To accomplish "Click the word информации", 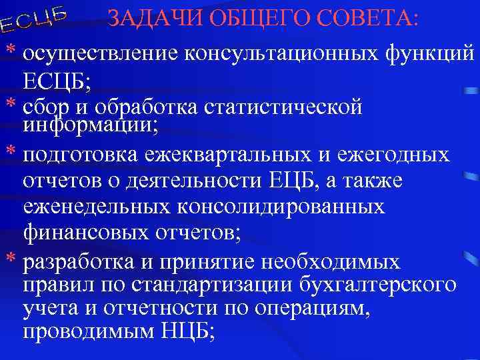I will [90, 124].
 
